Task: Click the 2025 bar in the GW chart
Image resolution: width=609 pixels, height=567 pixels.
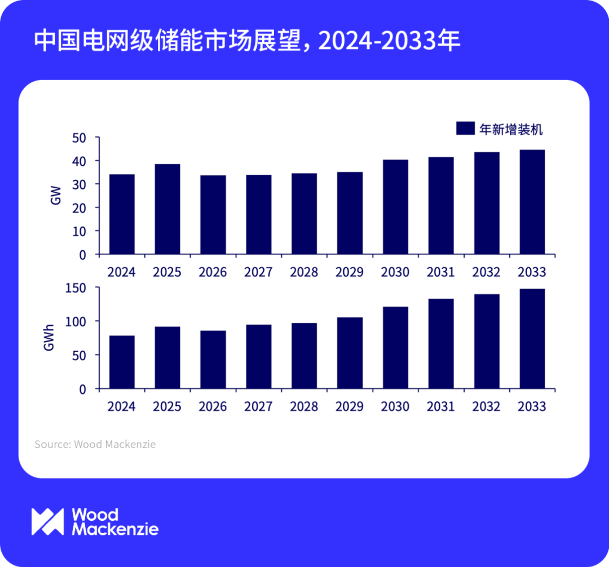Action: point(167,209)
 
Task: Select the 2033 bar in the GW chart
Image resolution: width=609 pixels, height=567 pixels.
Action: point(532,202)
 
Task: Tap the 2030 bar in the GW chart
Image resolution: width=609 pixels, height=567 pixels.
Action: point(395,207)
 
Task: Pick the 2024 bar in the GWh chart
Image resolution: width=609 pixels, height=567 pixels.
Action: point(122,362)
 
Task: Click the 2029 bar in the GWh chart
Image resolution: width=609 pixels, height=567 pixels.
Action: point(350,353)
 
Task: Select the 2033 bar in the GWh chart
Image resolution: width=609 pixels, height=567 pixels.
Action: point(532,339)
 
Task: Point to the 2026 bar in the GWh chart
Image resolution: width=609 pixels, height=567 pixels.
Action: point(213,360)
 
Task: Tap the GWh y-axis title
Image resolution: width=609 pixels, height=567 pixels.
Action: point(49,338)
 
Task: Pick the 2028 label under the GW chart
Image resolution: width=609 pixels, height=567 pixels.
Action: point(304,272)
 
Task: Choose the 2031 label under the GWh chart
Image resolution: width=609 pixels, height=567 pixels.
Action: point(441,406)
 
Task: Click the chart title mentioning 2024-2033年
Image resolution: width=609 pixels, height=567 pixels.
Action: point(247,41)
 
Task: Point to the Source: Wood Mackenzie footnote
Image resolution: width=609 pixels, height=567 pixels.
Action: point(95,444)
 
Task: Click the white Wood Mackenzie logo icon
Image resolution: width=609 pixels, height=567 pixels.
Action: point(47,521)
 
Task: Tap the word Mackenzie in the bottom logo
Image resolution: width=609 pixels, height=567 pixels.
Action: point(115,529)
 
